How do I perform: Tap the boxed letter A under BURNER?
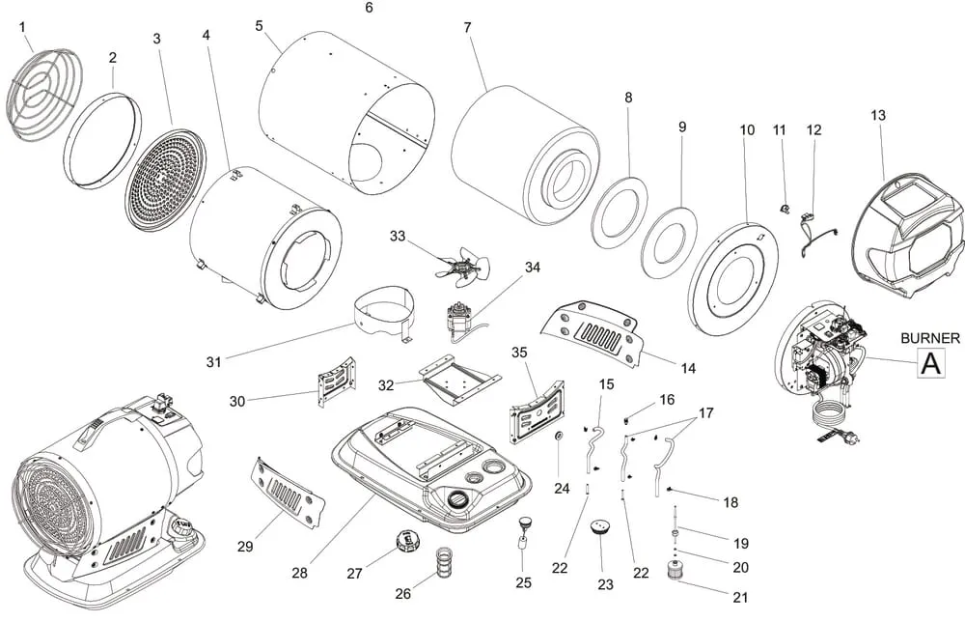click(x=929, y=363)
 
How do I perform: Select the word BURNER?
click(x=929, y=338)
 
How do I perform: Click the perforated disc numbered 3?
click(x=166, y=178)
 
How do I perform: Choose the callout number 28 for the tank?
click(x=300, y=573)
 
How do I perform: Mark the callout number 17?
click(x=706, y=413)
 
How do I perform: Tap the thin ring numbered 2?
click(x=101, y=141)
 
